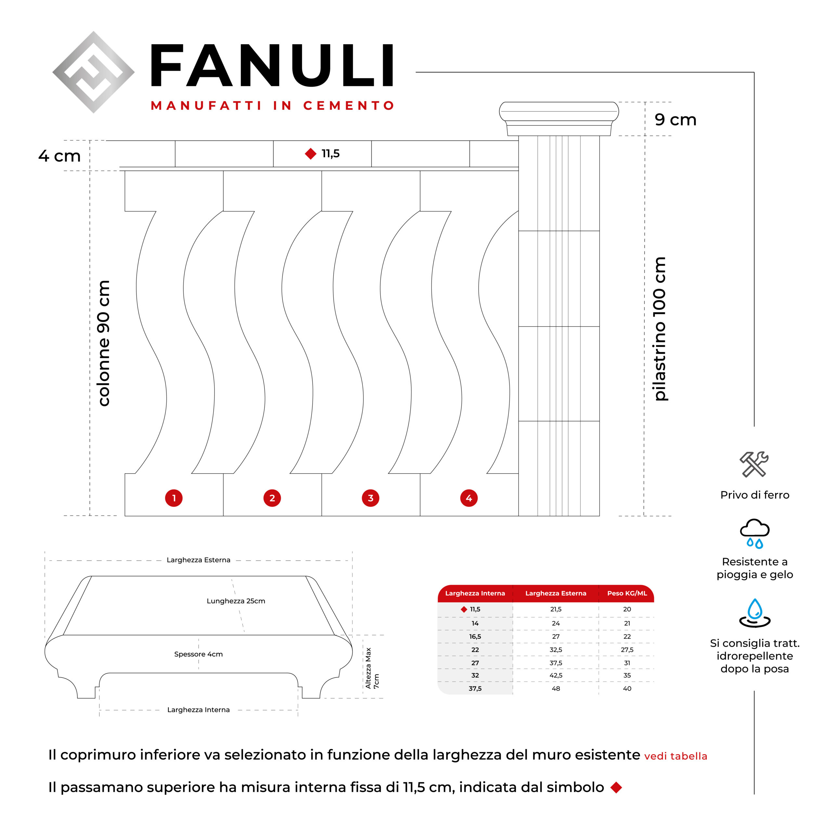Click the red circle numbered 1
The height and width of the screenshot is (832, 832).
tap(174, 498)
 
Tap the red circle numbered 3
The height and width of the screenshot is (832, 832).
tap(370, 498)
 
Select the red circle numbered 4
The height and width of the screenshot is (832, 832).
tap(469, 498)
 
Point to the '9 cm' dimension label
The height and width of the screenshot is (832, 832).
tap(675, 120)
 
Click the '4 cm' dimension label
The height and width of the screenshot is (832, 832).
tap(59, 156)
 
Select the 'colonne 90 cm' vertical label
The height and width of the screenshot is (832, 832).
tap(104, 343)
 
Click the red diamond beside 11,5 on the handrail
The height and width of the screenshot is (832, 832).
tap(310, 154)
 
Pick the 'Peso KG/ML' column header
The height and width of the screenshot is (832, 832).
tap(627, 593)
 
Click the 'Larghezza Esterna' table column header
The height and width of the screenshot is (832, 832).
tap(555, 593)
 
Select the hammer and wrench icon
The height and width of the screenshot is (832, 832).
tap(754, 464)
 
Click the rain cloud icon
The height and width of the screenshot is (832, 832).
tap(754, 533)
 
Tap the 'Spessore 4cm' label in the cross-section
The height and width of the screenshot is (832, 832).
tap(199, 654)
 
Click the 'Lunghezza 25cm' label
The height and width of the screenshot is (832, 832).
tap(236, 601)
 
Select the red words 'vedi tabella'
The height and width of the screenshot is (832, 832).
tap(675, 756)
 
